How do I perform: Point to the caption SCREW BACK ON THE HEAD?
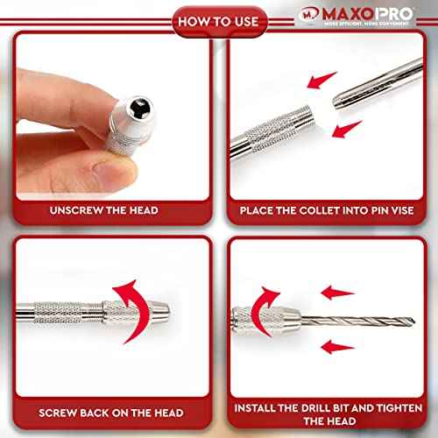[x=111, y=412]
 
